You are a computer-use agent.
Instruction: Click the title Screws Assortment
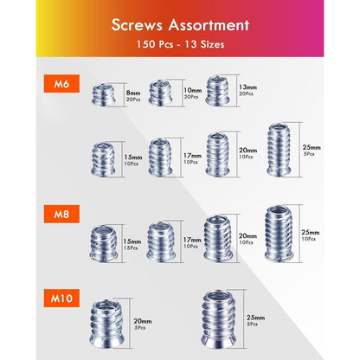point(180,25)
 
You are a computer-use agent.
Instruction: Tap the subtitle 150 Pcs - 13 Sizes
point(180,44)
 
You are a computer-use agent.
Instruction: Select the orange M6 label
point(61,84)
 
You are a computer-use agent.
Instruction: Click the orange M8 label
point(61,214)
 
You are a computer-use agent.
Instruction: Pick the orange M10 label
point(61,299)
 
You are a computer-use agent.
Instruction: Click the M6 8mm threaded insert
point(104,95)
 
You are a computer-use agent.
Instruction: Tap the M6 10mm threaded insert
point(160,93)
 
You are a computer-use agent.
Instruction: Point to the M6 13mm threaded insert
point(217,91)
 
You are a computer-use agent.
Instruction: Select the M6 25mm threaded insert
point(279,150)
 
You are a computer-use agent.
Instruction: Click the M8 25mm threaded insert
point(279,234)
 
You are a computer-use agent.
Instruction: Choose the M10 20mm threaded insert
point(106,323)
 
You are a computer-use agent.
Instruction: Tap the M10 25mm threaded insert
point(219,319)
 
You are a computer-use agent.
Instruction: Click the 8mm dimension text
point(133,93)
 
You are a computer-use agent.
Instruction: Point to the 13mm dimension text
point(247,87)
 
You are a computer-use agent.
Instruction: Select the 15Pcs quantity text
point(131,248)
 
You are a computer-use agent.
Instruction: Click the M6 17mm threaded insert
point(160,157)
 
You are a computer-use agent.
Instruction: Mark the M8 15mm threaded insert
point(104,244)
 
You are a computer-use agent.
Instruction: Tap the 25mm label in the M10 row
point(255,318)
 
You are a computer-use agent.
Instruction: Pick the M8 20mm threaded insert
point(218,239)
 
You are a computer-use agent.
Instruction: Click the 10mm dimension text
point(193,90)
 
